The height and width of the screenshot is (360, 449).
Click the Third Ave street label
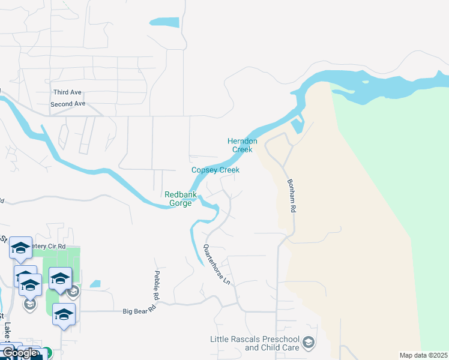67,92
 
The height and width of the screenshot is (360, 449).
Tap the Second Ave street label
68,104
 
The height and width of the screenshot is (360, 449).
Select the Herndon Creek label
243,145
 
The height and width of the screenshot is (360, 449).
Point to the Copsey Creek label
215,170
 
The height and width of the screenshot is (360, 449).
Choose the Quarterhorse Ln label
217,264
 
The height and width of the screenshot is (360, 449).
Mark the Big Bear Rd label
139,311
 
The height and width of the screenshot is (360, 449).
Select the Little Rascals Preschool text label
255,343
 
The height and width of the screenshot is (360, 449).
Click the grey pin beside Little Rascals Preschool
309,343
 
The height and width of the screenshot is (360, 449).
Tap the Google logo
20,353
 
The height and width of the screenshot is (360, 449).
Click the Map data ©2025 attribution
423,355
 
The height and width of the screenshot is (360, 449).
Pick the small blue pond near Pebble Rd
95,284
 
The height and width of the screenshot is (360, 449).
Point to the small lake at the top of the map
164,22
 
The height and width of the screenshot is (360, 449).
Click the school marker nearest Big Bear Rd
64,314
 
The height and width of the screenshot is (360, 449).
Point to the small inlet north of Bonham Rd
297,126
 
